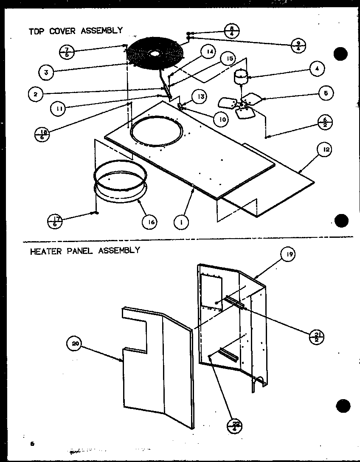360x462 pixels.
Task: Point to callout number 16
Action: click(149, 222)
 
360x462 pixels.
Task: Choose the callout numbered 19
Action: click(289, 254)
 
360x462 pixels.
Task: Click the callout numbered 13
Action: click(201, 97)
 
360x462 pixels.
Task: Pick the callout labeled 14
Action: click(208, 53)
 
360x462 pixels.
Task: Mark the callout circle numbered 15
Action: click(229, 59)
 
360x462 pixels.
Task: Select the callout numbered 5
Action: click(326, 93)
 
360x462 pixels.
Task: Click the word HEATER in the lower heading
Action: click(45, 251)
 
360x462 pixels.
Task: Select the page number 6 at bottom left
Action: click(31, 444)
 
